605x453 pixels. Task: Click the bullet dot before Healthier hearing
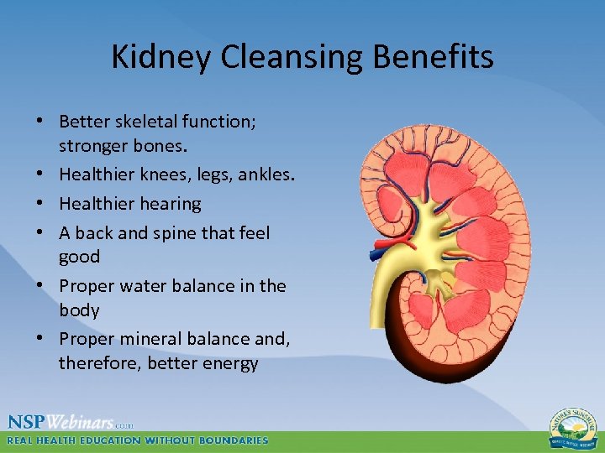coord(40,203)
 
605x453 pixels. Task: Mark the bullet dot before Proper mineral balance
coord(40,338)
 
